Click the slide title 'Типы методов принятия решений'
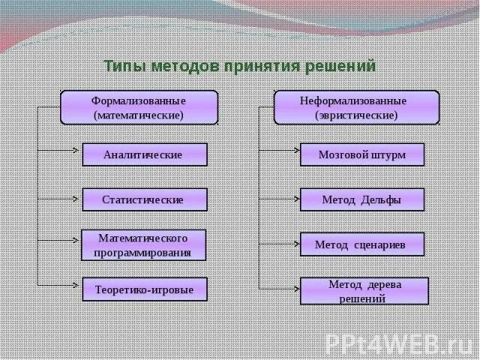239,66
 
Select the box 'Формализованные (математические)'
139,107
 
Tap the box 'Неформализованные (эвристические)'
356,107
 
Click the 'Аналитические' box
143,154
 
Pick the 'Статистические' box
143,199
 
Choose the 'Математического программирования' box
143,244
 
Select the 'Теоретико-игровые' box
144,289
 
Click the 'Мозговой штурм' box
362,154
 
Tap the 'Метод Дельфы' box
362,199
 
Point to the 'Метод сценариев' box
362,244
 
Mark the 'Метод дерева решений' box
364,291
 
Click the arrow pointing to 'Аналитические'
60,151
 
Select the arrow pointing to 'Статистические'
60,199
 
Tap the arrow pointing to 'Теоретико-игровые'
60,285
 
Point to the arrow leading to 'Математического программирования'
60,241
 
